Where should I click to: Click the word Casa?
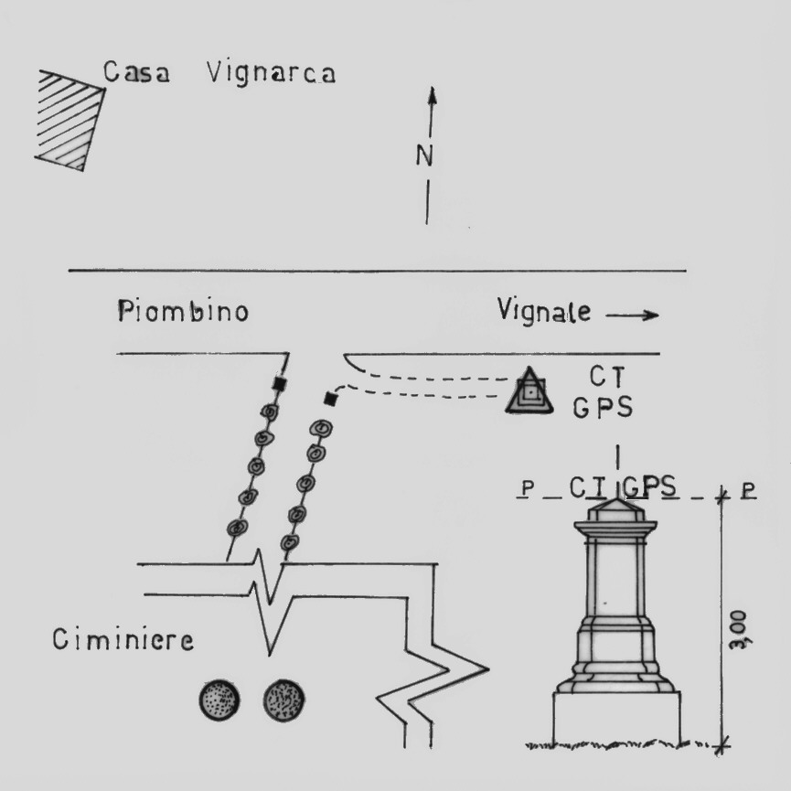(136, 73)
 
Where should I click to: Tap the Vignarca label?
(272, 72)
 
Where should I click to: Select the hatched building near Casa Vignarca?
(69, 119)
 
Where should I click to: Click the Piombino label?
(183, 312)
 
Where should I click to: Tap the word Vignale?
(542, 311)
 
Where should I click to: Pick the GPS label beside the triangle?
(604, 407)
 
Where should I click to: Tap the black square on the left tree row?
(281, 384)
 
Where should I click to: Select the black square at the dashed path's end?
(331, 399)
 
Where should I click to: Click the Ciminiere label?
(123, 639)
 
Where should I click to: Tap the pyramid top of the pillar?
(619, 508)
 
